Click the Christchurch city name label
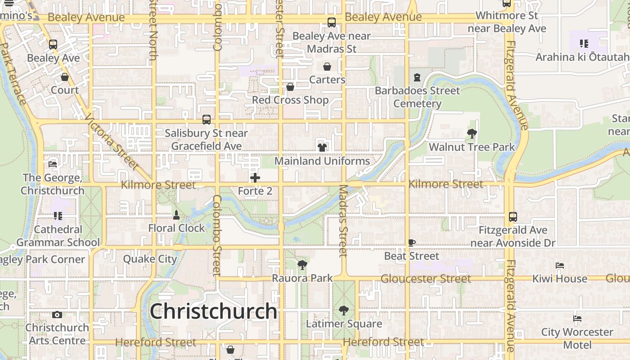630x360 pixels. click(x=213, y=311)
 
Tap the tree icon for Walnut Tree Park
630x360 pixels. click(x=472, y=133)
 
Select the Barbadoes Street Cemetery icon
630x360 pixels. click(x=417, y=77)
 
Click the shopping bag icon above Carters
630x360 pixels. click(x=327, y=67)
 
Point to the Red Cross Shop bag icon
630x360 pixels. click(x=290, y=86)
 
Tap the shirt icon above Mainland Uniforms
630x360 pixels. click(x=322, y=147)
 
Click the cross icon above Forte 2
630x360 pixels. click(x=255, y=178)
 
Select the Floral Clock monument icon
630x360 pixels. click(x=176, y=215)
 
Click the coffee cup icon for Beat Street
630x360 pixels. click(x=412, y=243)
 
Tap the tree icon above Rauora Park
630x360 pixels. click(x=302, y=265)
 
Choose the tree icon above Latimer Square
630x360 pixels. click(x=344, y=310)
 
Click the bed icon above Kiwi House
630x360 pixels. click(x=560, y=265)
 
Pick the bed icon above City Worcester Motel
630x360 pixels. click(x=577, y=319)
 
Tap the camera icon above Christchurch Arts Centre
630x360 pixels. click(x=57, y=315)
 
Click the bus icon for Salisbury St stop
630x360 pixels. click(x=207, y=120)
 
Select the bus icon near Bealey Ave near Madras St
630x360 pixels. click(x=332, y=22)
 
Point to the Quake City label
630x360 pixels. click(x=150, y=259)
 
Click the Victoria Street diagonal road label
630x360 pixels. click(x=111, y=141)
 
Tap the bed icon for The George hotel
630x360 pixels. click(x=53, y=164)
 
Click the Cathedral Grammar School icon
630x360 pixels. click(x=58, y=216)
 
